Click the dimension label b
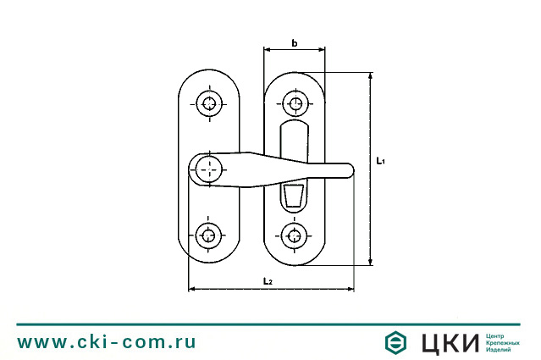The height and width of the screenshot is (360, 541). coord(294,42)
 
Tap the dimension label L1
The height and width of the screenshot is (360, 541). coord(381,159)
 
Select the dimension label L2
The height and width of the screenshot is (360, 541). coord(268,280)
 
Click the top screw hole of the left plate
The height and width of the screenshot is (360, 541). coord(208,104)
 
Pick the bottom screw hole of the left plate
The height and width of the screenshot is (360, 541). coord(208,235)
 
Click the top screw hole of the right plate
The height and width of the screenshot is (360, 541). coord(295,104)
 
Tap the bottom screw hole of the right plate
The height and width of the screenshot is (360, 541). coord(295,235)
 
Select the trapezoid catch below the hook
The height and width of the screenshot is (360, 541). coord(293,197)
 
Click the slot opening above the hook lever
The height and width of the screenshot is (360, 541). coord(293,141)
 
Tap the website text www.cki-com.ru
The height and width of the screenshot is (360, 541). coord(107,342)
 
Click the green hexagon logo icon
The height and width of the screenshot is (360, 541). coord(395,342)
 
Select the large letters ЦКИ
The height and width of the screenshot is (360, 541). coord(450,342)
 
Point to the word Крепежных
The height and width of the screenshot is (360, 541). coord(504,342)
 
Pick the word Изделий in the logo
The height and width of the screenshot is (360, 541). coord(500,350)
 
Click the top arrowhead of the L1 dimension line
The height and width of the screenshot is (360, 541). coord(371,76)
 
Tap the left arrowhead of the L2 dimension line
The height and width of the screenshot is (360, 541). coord(190,290)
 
